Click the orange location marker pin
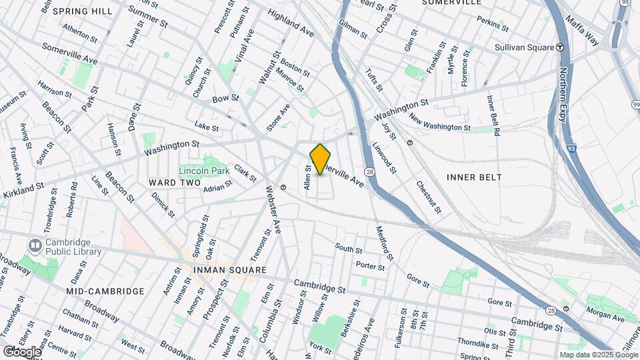[x=321, y=159]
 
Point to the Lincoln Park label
[x=204, y=171]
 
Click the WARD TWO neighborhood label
[x=175, y=183]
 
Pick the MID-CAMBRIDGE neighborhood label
[x=105, y=291]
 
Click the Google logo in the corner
[x=21, y=351]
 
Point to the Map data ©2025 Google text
[x=598, y=355]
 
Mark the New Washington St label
[x=440, y=123]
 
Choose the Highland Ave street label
[x=290, y=22]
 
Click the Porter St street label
[x=371, y=266]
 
